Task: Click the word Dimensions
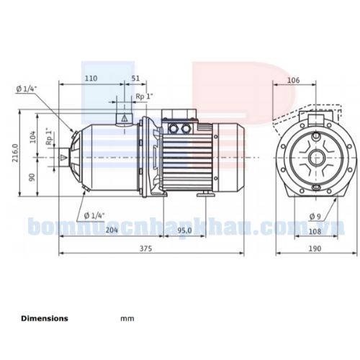pos(45,318)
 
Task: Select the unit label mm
pos(127,318)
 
